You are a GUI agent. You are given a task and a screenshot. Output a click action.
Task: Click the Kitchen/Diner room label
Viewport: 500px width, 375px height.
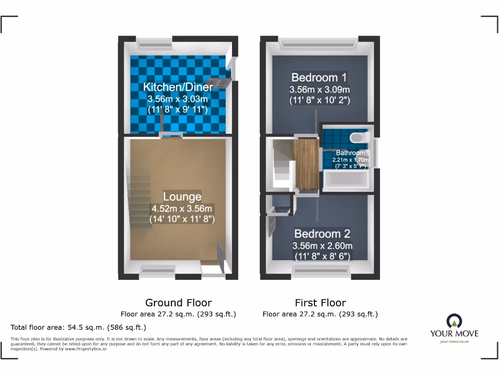click(178, 87)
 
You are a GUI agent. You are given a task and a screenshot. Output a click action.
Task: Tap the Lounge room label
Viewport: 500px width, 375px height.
click(182, 197)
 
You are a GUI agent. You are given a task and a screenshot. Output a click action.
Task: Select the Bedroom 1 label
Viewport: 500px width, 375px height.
click(319, 77)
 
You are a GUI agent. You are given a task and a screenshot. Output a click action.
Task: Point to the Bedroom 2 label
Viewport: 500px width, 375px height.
click(322, 233)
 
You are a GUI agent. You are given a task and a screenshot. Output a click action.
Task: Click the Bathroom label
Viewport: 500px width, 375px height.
click(350, 153)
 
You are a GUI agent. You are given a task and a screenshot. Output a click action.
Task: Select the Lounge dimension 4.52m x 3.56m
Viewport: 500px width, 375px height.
click(182, 208)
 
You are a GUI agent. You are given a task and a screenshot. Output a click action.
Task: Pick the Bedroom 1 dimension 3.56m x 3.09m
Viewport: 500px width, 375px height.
click(319, 90)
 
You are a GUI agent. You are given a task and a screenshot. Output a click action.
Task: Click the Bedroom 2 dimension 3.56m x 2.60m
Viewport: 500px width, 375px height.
click(322, 246)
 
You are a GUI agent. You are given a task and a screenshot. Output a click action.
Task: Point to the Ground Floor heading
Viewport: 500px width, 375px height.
click(179, 303)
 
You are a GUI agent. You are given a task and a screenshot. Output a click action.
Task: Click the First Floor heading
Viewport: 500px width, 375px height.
click(320, 303)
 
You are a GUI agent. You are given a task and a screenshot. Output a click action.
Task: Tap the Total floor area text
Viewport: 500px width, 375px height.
click(78, 327)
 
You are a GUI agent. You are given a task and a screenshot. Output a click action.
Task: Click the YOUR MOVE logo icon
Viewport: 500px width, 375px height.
click(454, 321)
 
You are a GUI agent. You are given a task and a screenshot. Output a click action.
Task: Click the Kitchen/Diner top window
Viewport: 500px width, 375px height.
click(155, 44)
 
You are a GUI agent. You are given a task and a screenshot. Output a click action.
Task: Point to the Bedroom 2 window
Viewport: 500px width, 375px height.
click(322, 271)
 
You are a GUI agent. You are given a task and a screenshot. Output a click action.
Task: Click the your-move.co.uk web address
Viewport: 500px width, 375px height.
click(454, 341)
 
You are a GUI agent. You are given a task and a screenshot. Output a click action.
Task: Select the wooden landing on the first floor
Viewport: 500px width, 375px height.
click(306, 165)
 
